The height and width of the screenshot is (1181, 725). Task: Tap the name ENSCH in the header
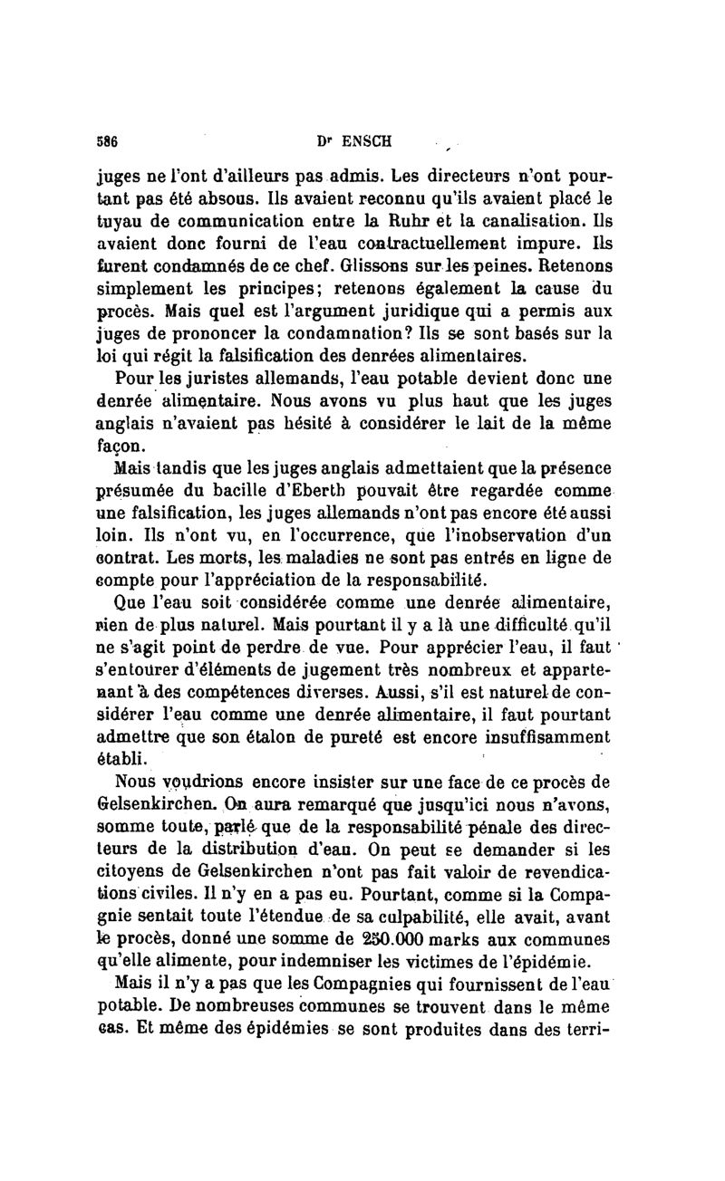[x=362, y=141]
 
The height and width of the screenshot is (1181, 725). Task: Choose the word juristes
[x=208, y=375]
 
